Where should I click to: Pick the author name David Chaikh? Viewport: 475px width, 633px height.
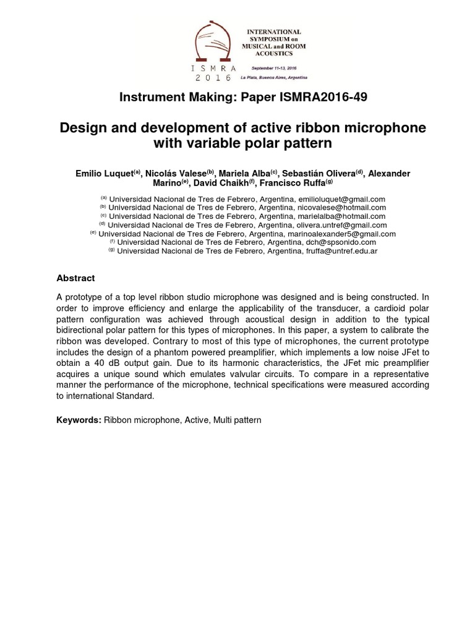[x=229, y=184]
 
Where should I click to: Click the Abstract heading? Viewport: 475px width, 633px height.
[x=76, y=278]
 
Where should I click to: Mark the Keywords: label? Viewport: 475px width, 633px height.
[x=79, y=420]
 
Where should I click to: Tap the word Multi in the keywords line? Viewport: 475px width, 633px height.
[x=226, y=420]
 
